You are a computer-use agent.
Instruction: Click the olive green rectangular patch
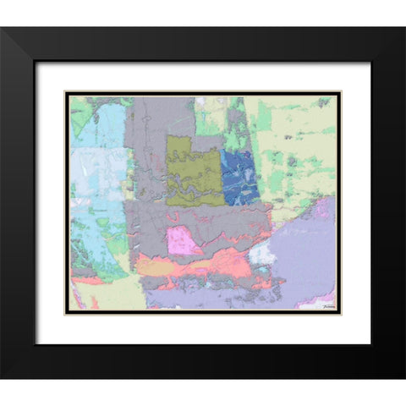coord(193,169)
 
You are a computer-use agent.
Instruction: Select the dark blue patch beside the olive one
coord(240,176)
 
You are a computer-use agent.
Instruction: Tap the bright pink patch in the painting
coord(184,241)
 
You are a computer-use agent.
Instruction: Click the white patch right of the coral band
coord(263,254)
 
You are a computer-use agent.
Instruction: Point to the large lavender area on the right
coord(304,254)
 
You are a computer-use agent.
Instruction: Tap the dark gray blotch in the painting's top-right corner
coord(323,102)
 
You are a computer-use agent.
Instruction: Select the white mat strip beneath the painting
coord(203,328)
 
